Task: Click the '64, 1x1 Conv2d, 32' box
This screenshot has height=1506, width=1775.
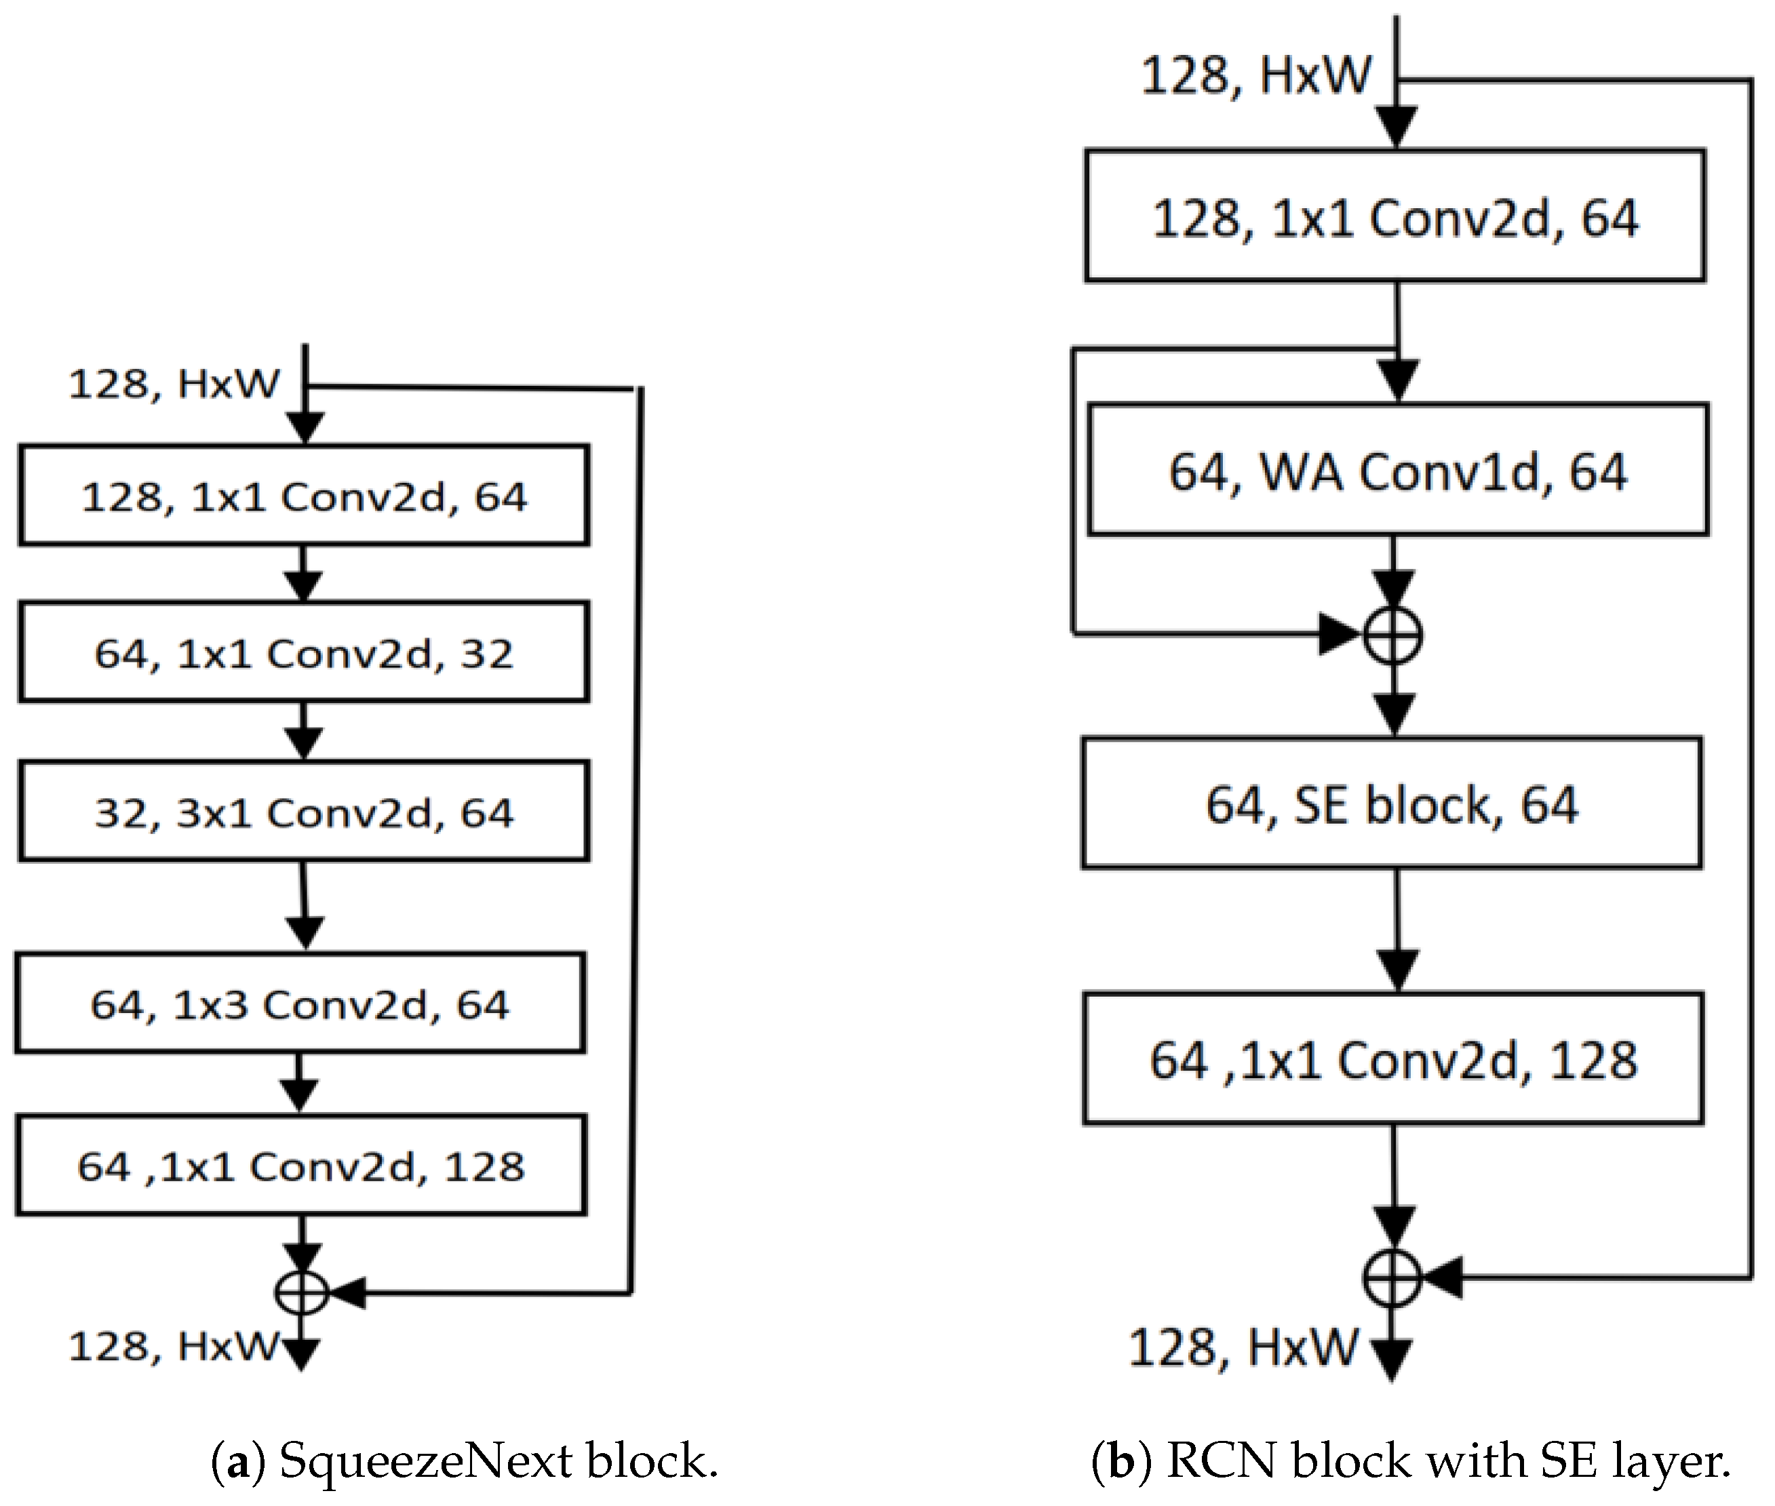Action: point(303,652)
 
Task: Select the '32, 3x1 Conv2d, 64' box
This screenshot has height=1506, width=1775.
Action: point(303,810)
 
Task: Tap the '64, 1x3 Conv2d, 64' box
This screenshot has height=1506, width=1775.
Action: point(300,1002)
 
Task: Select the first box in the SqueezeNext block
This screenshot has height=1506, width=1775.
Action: point(303,494)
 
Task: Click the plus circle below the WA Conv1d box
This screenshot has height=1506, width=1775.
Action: point(1392,635)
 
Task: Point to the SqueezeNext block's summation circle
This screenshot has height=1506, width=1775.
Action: point(301,1292)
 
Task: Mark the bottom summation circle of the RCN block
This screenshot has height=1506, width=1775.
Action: point(1392,1277)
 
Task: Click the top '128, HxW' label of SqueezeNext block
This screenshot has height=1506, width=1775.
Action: point(174,382)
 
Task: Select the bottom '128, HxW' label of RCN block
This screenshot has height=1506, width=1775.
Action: point(1243,1347)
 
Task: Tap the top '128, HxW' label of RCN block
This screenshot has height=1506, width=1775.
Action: point(1256,75)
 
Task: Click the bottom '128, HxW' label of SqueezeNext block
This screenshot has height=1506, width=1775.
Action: point(174,1347)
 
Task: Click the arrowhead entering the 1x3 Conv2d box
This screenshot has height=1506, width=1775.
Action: point(304,932)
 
